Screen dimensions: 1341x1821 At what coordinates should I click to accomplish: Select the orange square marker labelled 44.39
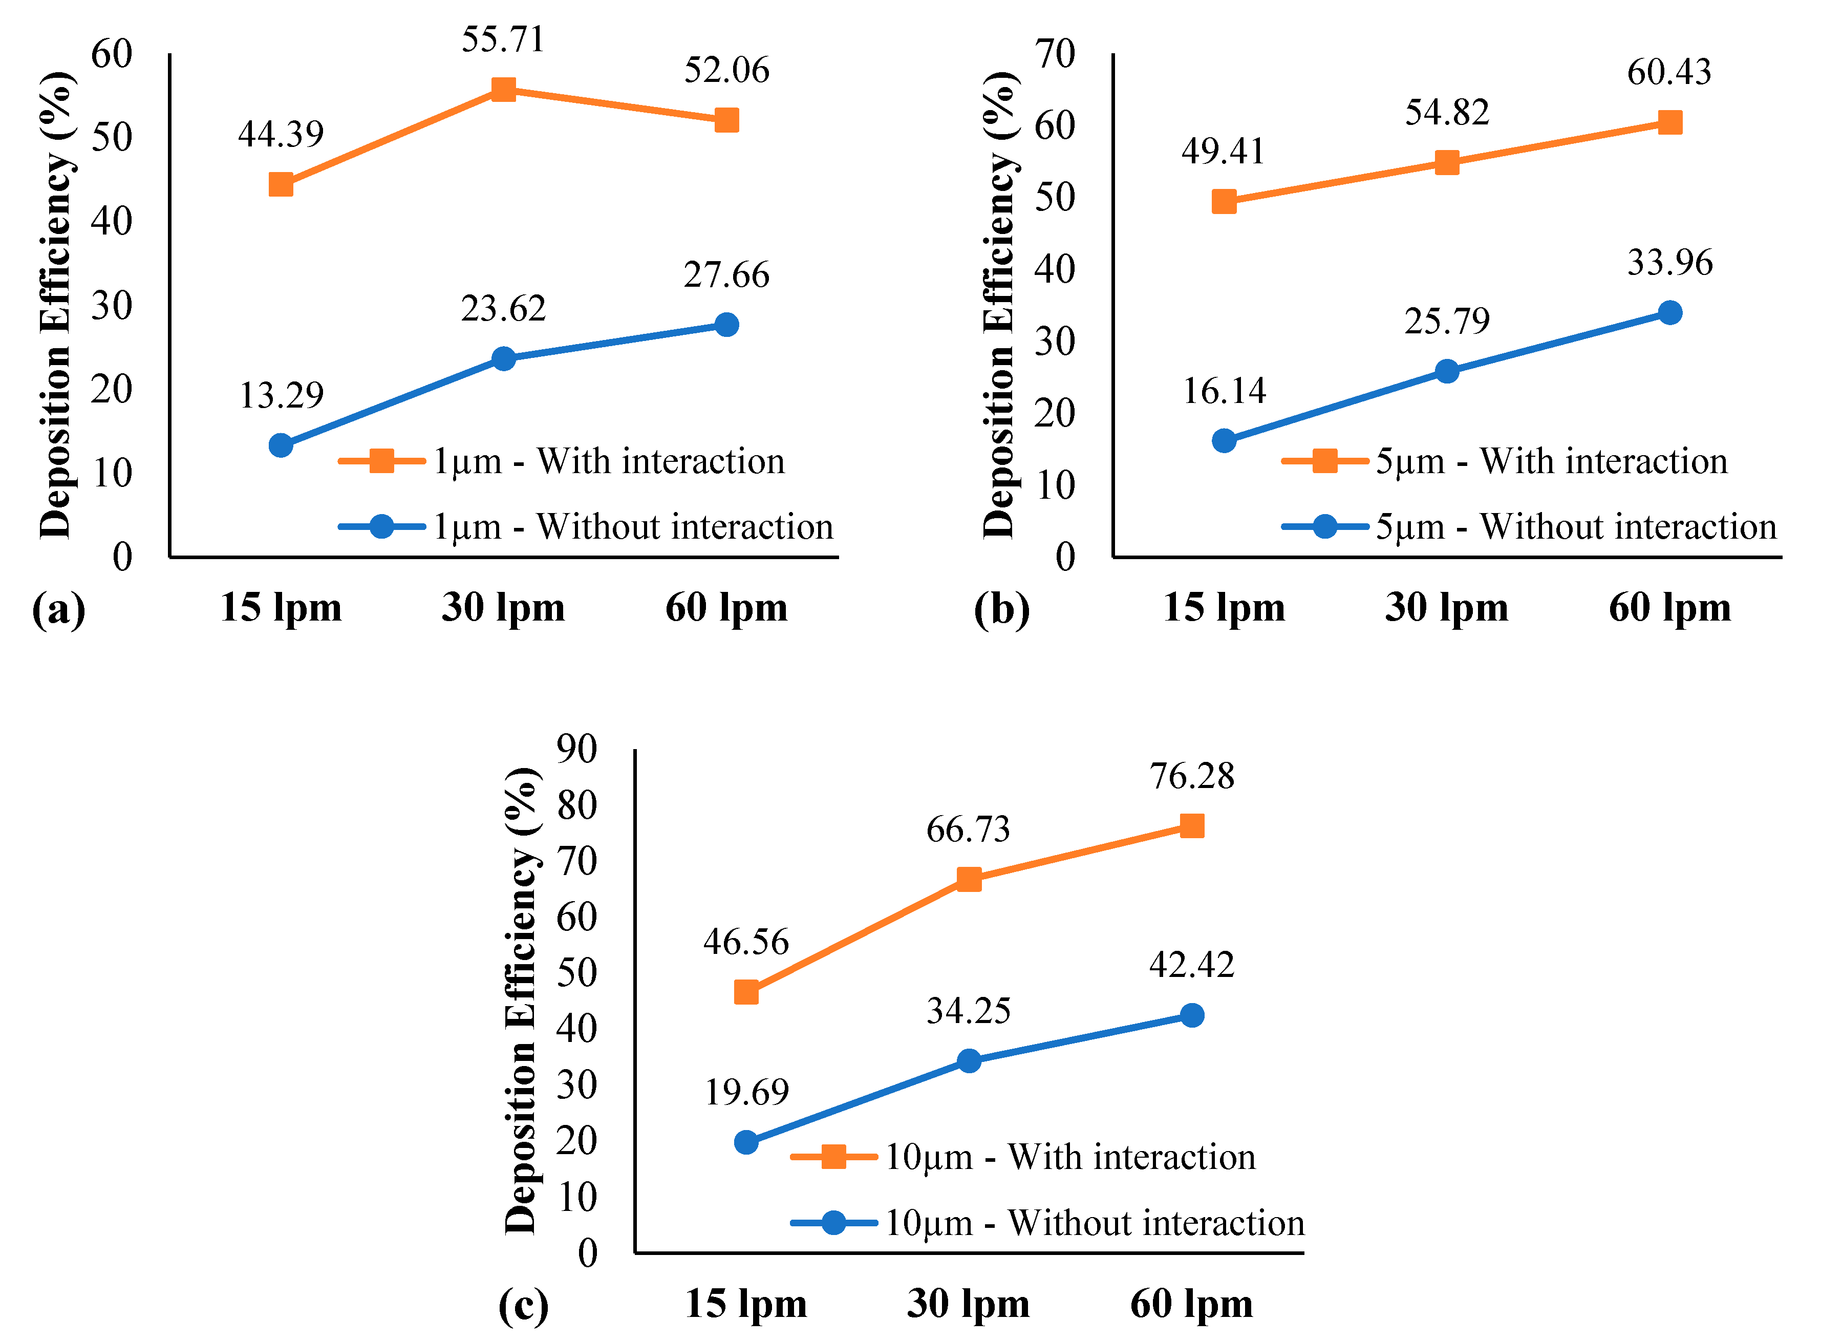coord(281,184)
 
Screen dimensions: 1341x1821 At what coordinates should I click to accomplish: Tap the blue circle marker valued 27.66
coord(726,325)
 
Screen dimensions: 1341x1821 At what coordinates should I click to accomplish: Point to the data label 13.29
coord(281,395)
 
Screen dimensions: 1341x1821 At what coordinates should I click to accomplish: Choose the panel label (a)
coord(58,609)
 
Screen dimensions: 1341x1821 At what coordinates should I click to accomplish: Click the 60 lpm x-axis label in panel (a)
coord(726,607)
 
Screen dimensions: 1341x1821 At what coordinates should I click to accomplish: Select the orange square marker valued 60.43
coord(1669,122)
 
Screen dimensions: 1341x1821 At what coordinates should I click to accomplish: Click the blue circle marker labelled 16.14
coord(1224,441)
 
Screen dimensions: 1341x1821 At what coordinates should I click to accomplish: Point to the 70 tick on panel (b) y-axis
coord(1055,54)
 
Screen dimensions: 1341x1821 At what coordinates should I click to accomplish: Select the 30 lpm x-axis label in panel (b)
coord(1447,607)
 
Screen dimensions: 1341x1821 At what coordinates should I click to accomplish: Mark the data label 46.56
coord(746,942)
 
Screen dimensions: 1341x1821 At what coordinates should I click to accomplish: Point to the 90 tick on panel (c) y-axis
coord(577,749)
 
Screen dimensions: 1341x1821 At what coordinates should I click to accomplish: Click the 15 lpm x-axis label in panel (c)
coord(746,1304)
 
